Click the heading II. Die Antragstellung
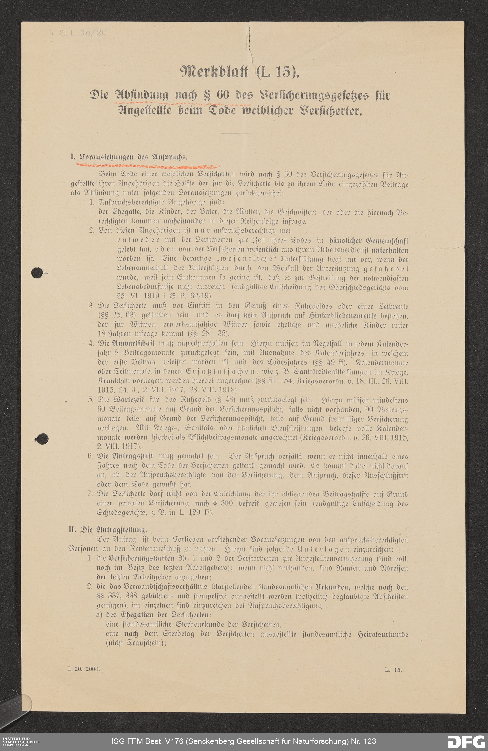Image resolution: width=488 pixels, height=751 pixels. pos(108,529)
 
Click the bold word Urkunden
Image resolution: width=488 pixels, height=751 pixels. pos(332,587)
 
